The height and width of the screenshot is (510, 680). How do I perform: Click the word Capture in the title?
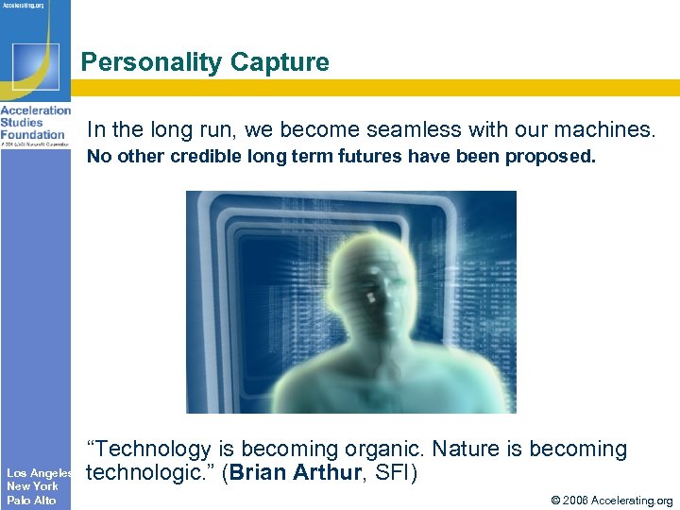click(x=282, y=63)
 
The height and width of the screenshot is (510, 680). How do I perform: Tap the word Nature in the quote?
click(x=465, y=450)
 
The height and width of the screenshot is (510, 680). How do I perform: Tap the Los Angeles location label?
click(x=39, y=472)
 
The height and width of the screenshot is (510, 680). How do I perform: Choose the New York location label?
click(x=32, y=486)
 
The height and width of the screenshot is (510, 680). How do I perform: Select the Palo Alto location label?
click(x=31, y=500)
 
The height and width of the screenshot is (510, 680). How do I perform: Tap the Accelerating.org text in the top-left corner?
click(x=25, y=5)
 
